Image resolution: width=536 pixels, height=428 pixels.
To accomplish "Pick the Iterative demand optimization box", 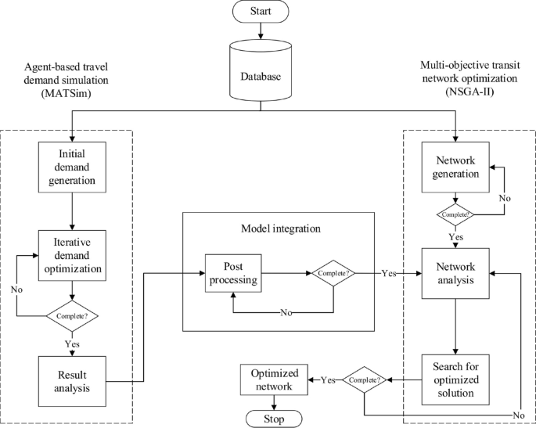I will (72, 254).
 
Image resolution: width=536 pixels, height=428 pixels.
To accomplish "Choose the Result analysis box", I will (72, 381).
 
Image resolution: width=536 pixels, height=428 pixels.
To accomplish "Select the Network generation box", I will (455, 166).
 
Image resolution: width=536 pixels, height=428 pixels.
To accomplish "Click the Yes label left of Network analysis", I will (388, 274).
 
